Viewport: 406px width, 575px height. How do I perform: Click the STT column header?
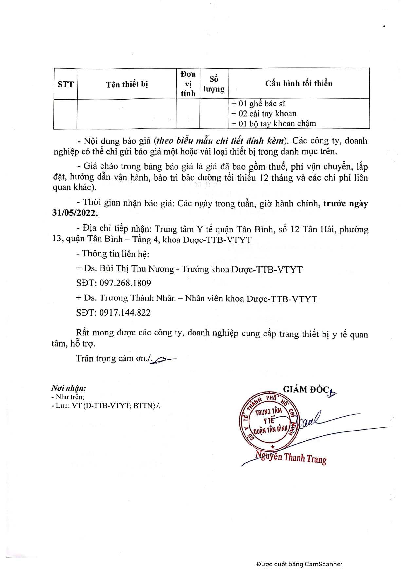65,84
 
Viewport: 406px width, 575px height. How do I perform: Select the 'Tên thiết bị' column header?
127,84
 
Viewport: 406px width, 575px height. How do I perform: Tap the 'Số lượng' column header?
214,84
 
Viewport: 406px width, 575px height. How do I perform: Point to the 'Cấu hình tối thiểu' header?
299,84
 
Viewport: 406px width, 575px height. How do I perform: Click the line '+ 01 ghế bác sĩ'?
258,104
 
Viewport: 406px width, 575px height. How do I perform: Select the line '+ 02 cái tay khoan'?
264,114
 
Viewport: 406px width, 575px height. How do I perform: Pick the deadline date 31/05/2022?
75,213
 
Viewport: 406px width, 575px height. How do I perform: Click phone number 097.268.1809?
125,283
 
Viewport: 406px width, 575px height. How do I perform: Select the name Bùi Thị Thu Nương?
137,269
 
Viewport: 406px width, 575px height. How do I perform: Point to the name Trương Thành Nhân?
138,298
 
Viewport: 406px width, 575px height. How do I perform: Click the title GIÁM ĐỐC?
306,389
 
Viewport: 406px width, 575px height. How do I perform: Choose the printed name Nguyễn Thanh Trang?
291,457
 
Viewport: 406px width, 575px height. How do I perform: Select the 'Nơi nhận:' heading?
69,388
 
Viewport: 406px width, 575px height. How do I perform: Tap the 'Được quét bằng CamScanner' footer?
299,564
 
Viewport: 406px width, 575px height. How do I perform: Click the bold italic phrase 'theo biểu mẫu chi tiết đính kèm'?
220,141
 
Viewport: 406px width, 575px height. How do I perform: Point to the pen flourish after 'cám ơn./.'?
165,359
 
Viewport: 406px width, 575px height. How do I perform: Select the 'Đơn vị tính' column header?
188,84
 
